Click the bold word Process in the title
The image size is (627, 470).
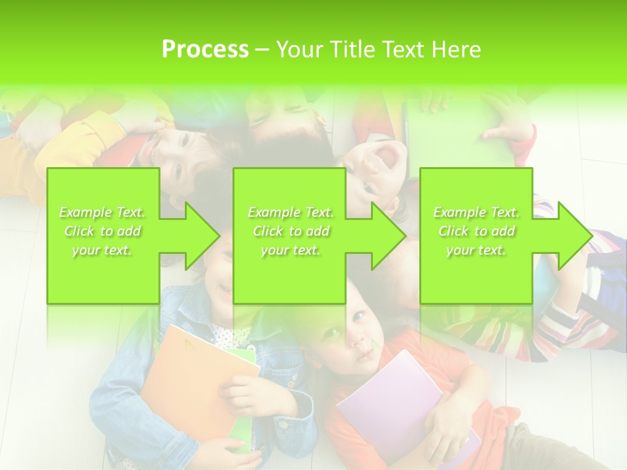pyautogui.click(x=205, y=50)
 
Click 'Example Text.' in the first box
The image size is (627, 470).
pyautogui.click(x=103, y=212)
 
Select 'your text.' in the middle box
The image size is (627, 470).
pyautogui.click(x=291, y=250)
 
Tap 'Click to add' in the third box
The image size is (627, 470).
pyautogui.click(x=476, y=231)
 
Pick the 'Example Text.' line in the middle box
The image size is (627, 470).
pyautogui.click(x=291, y=212)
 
